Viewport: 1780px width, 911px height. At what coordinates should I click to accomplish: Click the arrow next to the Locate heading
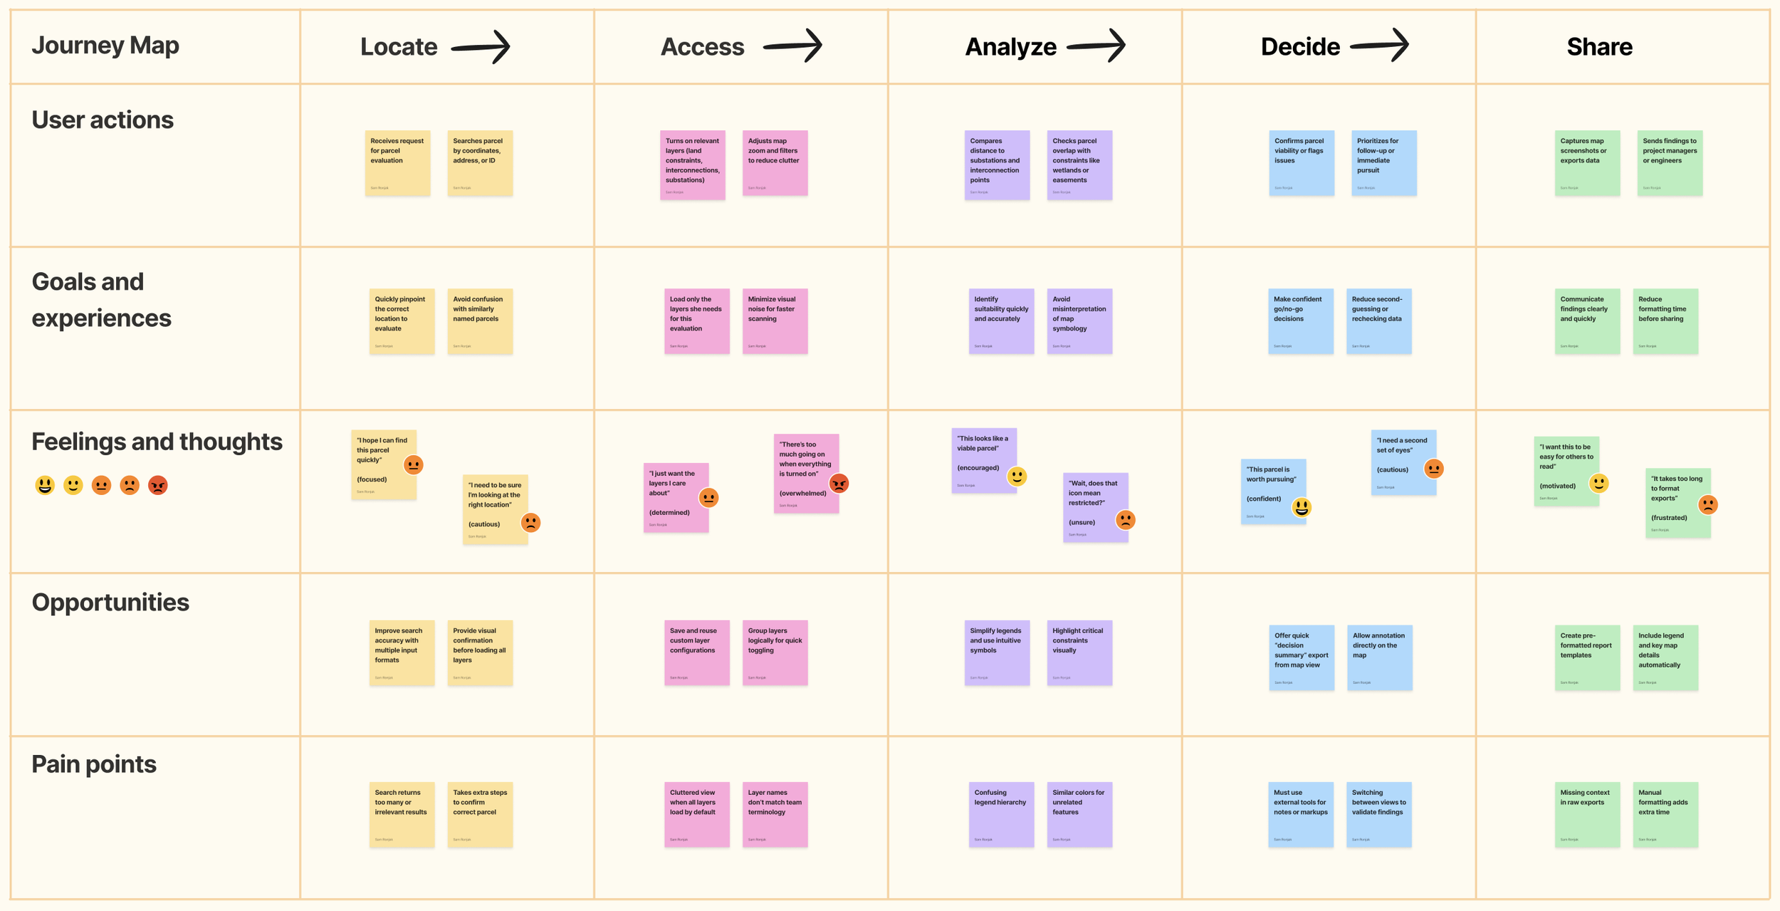tap(481, 47)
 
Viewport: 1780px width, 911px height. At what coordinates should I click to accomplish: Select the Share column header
tap(1599, 47)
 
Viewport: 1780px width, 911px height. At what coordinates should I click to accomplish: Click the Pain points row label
tap(94, 764)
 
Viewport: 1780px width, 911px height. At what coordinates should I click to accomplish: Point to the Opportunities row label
tap(110, 602)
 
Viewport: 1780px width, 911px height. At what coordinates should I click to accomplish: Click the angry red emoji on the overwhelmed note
tap(839, 484)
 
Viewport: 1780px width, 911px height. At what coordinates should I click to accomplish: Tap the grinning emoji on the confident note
tap(1302, 507)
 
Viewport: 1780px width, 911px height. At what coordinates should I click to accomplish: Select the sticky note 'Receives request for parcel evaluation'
tap(397, 162)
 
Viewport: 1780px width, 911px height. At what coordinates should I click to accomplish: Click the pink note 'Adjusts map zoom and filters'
tap(775, 162)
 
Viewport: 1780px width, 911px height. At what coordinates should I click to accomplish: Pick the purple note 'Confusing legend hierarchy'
tap(1001, 814)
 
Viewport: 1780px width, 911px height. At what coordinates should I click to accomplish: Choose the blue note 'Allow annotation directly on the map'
tap(1379, 657)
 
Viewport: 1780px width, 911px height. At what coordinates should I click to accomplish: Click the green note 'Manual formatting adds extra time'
tap(1665, 814)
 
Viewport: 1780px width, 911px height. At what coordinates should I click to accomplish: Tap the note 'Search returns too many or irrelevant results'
tap(402, 814)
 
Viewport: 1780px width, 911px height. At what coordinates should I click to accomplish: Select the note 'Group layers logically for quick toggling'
tap(775, 652)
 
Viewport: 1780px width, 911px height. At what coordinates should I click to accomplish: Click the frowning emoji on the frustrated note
tap(1707, 505)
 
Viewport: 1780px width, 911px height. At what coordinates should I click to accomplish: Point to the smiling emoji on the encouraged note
tap(1017, 477)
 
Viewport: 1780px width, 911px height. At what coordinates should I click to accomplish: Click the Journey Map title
tap(105, 45)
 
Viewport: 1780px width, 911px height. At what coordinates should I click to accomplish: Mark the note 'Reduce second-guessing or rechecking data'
tap(1378, 321)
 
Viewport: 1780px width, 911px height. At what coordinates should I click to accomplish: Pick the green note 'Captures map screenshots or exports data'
tap(1587, 162)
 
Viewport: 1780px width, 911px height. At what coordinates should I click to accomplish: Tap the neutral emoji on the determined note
tap(708, 498)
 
